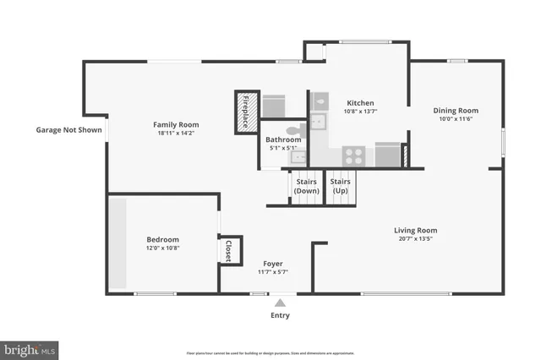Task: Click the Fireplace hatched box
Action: pyautogui.click(x=246, y=111)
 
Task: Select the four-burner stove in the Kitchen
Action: pyautogui.click(x=354, y=155)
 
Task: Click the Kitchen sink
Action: pyautogui.click(x=319, y=123)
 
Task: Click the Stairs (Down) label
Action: pyautogui.click(x=306, y=186)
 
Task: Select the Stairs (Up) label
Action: pyautogui.click(x=341, y=186)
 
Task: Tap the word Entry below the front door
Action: pyautogui.click(x=280, y=315)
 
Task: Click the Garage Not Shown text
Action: pyautogui.click(x=68, y=130)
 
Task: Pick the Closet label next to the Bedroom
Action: pyautogui.click(x=228, y=250)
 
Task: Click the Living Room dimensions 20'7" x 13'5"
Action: pyautogui.click(x=415, y=239)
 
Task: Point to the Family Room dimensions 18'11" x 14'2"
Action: pyautogui.click(x=176, y=134)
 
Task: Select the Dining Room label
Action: pyautogui.click(x=456, y=110)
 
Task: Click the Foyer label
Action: pyautogui.click(x=272, y=264)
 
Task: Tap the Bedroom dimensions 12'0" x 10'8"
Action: pyautogui.click(x=162, y=248)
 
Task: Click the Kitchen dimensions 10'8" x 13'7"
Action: pyautogui.click(x=359, y=112)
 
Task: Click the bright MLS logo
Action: pyautogui.click(x=30, y=348)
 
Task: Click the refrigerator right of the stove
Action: pyautogui.click(x=386, y=155)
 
